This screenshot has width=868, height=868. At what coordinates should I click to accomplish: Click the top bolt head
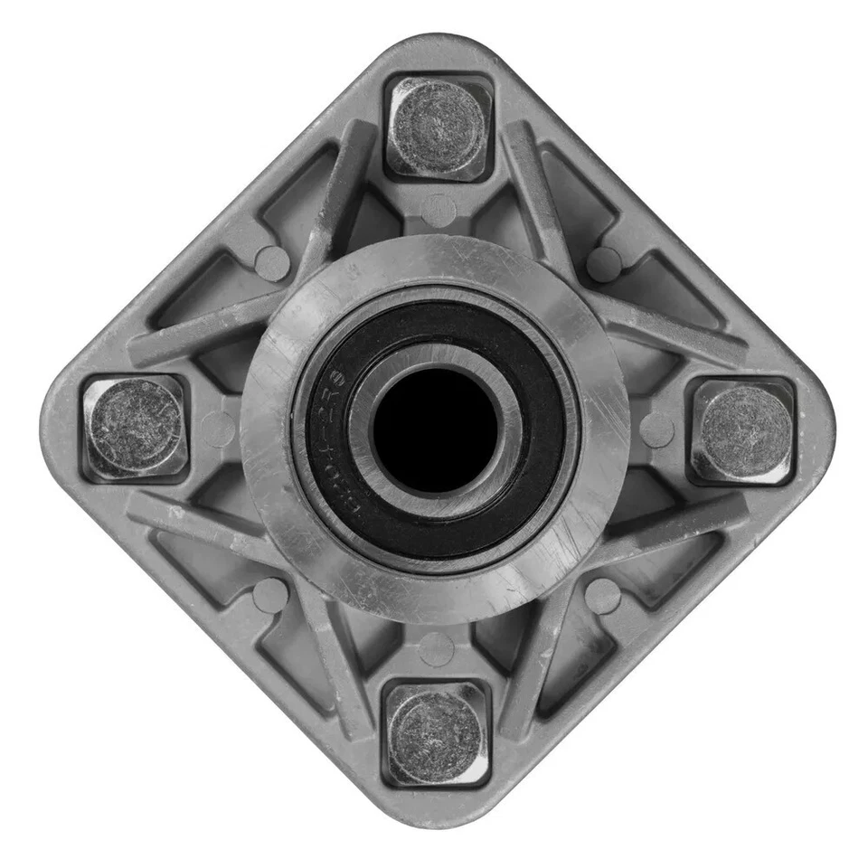pos(438,126)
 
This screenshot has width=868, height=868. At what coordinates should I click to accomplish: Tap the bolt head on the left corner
pos(135,428)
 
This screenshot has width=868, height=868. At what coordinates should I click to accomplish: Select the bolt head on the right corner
pos(744,430)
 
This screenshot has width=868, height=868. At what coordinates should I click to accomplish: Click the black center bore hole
pos(436,429)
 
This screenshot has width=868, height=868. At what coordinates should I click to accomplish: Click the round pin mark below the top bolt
pos(439,209)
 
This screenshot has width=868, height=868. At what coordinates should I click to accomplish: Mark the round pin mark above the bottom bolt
pos(437,647)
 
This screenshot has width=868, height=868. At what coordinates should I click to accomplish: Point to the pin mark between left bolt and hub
pos(219,428)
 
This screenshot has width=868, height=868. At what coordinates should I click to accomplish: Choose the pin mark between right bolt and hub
pos(656,429)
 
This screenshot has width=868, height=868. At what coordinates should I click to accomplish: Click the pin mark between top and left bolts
pos(271,263)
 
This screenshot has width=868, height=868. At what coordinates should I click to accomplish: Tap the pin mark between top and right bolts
pos(603,263)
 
